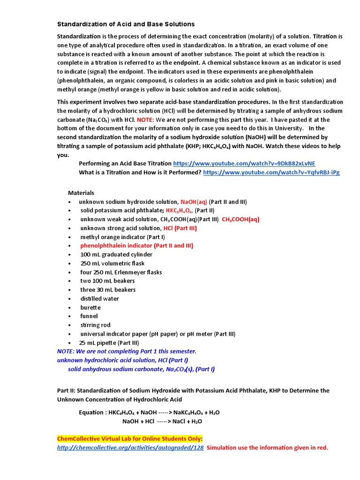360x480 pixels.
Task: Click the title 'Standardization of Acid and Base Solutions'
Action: point(126,24)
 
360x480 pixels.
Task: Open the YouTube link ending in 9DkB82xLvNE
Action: point(244,164)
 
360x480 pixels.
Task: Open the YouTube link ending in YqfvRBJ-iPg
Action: point(271,172)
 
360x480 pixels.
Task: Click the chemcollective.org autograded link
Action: point(130,448)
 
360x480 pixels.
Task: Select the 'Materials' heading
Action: point(81,193)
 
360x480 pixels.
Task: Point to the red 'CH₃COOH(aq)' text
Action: point(240,219)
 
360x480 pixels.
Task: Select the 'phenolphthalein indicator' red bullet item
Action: point(136,246)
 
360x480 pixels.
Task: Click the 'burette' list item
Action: point(90,307)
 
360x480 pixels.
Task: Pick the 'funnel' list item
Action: point(89,316)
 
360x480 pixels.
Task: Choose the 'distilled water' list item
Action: point(99,299)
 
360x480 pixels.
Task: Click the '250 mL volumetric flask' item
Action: point(112,263)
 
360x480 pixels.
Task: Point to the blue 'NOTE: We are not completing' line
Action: point(127,352)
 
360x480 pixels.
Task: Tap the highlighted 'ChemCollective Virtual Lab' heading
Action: point(130,439)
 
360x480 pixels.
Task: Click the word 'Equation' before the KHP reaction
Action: point(92,412)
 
